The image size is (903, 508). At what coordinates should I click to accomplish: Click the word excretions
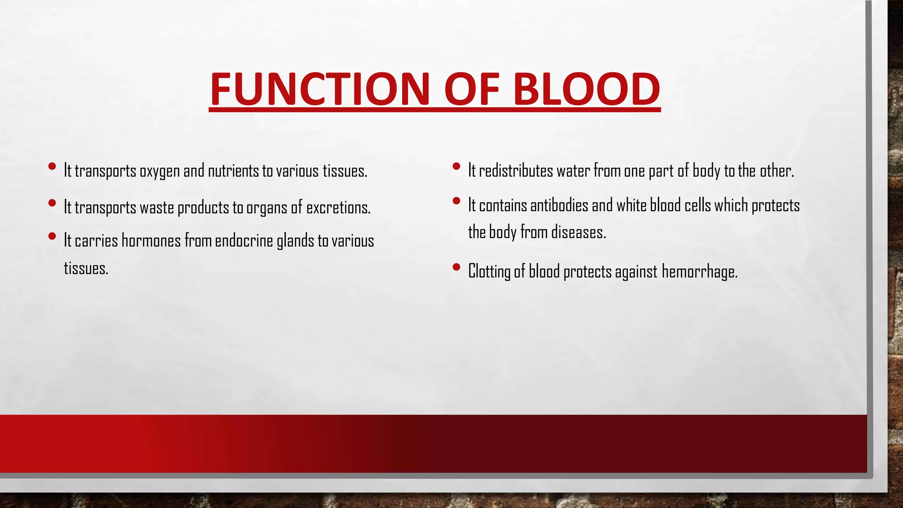pyautogui.click(x=338, y=208)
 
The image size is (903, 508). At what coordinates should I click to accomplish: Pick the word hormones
pyautogui.click(x=151, y=241)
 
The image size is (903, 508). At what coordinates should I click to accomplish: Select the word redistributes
pyautogui.click(x=516, y=171)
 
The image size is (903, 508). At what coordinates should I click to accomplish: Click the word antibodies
pyautogui.click(x=559, y=205)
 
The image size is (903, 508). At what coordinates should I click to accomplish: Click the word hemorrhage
pyautogui.click(x=699, y=271)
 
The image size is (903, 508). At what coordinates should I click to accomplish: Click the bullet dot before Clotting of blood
pyautogui.click(x=456, y=267)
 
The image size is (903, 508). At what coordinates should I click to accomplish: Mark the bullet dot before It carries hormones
pyautogui.click(x=52, y=236)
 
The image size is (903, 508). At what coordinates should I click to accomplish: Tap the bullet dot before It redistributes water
pyautogui.click(x=456, y=166)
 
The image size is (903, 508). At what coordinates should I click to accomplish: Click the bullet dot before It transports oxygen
pyautogui.click(x=52, y=166)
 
